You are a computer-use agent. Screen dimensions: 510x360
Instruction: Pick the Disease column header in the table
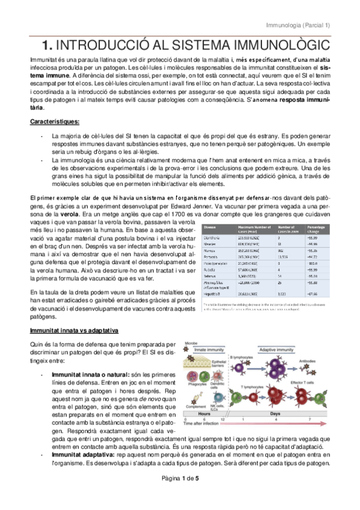click(210, 227)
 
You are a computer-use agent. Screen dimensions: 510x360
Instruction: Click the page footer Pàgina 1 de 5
click(180, 494)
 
